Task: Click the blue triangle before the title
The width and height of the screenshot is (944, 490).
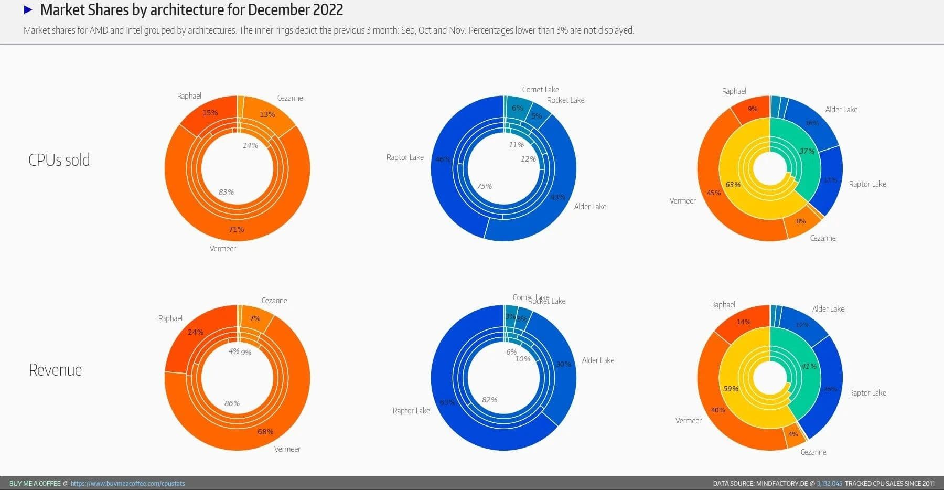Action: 28,9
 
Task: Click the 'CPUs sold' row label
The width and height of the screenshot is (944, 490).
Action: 59,160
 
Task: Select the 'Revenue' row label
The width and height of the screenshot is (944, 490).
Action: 55,370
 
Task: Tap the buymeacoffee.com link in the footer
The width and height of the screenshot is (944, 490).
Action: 127,483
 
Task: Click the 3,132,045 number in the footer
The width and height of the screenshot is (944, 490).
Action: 829,483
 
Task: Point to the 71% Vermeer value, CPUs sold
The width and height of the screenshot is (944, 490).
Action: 236,229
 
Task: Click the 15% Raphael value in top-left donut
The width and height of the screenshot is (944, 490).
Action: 210,113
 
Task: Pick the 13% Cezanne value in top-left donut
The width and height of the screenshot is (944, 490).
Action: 267,114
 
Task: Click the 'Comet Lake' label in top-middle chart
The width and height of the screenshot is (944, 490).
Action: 540,90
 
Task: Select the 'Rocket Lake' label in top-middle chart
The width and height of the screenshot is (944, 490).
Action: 565,100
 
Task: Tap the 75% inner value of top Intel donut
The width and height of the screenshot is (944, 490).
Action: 484,186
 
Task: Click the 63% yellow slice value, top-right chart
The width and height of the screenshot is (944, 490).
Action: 733,185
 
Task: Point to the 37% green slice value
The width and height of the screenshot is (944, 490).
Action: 807,151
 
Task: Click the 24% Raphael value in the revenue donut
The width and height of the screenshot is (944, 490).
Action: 196,332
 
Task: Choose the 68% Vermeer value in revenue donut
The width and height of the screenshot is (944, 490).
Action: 265,432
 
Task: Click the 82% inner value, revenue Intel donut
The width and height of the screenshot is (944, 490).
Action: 489,400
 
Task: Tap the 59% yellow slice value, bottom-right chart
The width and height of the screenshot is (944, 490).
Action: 731,389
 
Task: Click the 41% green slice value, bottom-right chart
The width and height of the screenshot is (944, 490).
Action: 809,366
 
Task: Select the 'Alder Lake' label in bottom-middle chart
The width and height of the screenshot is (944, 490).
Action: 598,360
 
